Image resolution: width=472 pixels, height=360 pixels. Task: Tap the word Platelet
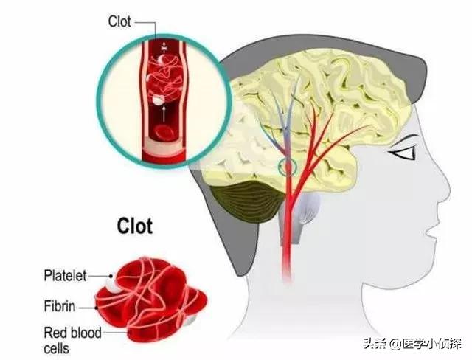point(65,276)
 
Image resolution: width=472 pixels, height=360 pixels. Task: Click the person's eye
point(403,155)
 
